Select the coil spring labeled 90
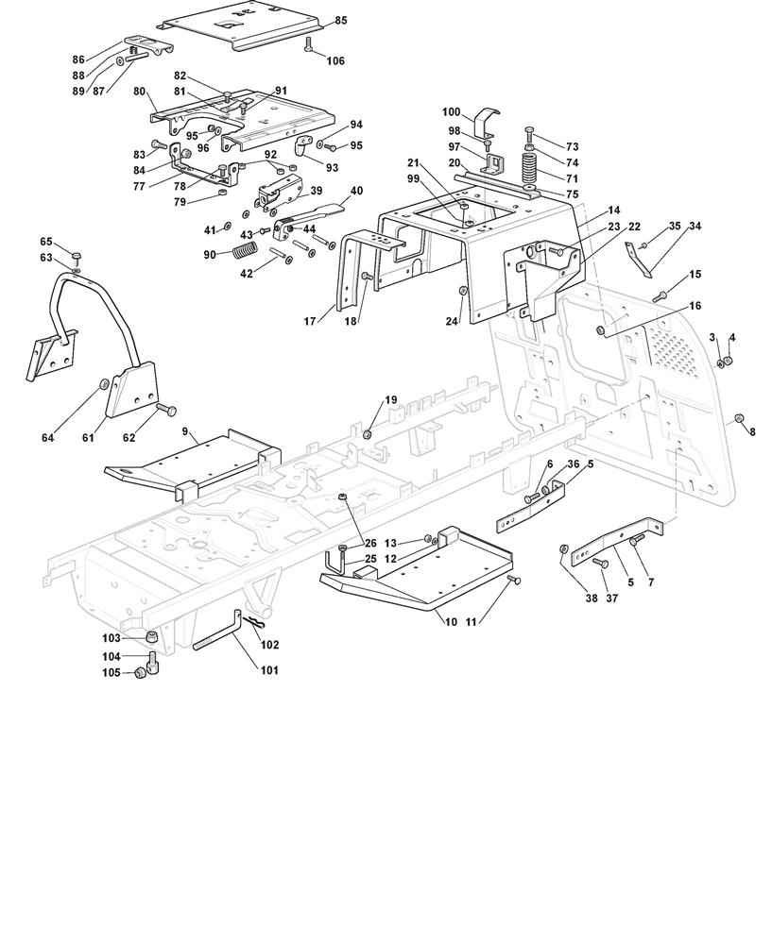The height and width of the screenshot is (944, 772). pyautogui.click(x=244, y=252)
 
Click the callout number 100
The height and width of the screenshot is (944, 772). pyautogui.click(x=451, y=112)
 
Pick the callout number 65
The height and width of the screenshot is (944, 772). pyautogui.click(x=46, y=243)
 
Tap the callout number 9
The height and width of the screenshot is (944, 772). pyautogui.click(x=186, y=431)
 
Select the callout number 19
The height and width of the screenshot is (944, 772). pyautogui.click(x=391, y=400)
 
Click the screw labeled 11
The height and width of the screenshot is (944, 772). pyautogui.click(x=513, y=580)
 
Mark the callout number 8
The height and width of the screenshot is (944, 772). pyautogui.click(x=752, y=431)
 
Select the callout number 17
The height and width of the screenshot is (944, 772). pyautogui.click(x=309, y=321)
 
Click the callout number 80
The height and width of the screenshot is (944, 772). pyautogui.click(x=139, y=92)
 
